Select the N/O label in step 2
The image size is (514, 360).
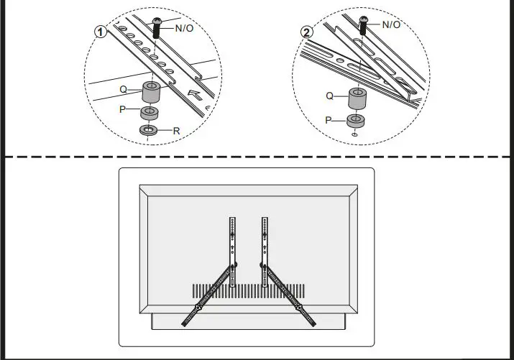coord(391,24)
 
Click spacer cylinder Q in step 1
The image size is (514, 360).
coord(150,92)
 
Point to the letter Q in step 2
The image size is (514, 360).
coord(330,95)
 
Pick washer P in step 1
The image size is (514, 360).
coord(150,114)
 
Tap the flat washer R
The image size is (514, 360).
coord(150,131)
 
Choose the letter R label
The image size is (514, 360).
coord(175,131)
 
